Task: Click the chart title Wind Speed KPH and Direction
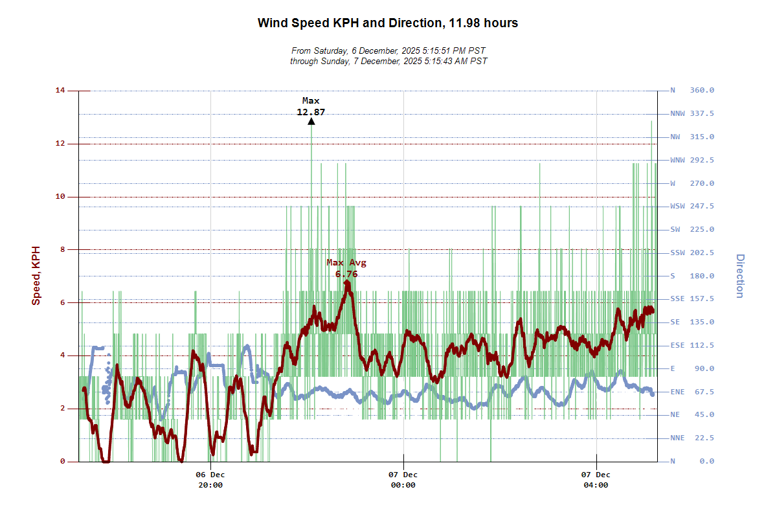pos(388,23)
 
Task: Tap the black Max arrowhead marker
pos(311,121)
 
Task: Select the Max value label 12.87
pos(311,112)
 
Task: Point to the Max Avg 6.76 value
pos(346,274)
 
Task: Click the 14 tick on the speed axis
pos(60,91)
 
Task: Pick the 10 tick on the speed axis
pos(60,197)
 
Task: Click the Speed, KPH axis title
pos(36,276)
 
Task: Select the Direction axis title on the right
pos(739,276)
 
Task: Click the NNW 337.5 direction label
pos(692,114)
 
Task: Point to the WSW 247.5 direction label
pos(692,207)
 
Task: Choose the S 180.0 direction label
pos(692,276)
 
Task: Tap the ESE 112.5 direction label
pos(692,346)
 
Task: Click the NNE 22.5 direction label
pos(692,438)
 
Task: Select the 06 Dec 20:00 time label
pos(210,480)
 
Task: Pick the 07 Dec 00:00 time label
pos(403,480)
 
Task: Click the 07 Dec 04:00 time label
pos(596,480)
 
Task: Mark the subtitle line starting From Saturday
pos(388,51)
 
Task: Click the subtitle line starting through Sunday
pos(388,61)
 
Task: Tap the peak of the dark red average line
pos(347,282)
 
